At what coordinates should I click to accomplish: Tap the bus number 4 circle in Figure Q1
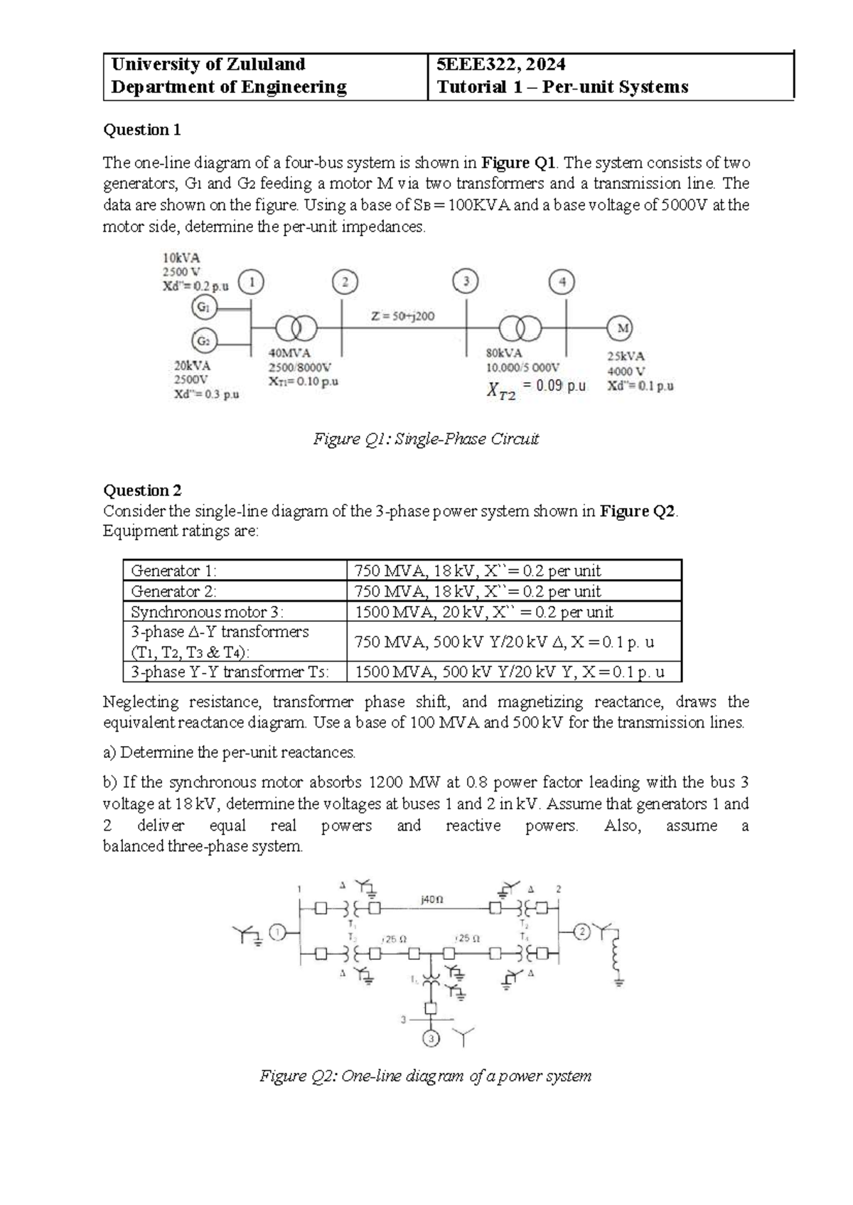click(562, 282)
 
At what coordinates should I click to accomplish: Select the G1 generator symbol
click(203, 308)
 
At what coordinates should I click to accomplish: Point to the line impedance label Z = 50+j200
click(402, 316)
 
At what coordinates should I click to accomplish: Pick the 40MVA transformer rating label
click(289, 353)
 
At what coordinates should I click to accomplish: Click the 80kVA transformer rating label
click(504, 353)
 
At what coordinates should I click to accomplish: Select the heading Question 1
click(142, 130)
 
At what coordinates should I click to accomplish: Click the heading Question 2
click(142, 490)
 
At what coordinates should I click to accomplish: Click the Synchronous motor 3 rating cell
click(483, 612)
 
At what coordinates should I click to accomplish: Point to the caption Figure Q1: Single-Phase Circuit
click(426, 439)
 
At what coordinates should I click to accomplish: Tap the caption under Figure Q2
click(425, 1076)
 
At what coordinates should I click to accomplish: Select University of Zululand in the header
click(208, 65)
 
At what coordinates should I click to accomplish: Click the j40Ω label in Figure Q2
click(431, 899)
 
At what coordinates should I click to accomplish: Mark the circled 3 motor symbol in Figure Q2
click(431, 1039)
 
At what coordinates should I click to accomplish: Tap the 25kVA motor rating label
click(626, 357)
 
